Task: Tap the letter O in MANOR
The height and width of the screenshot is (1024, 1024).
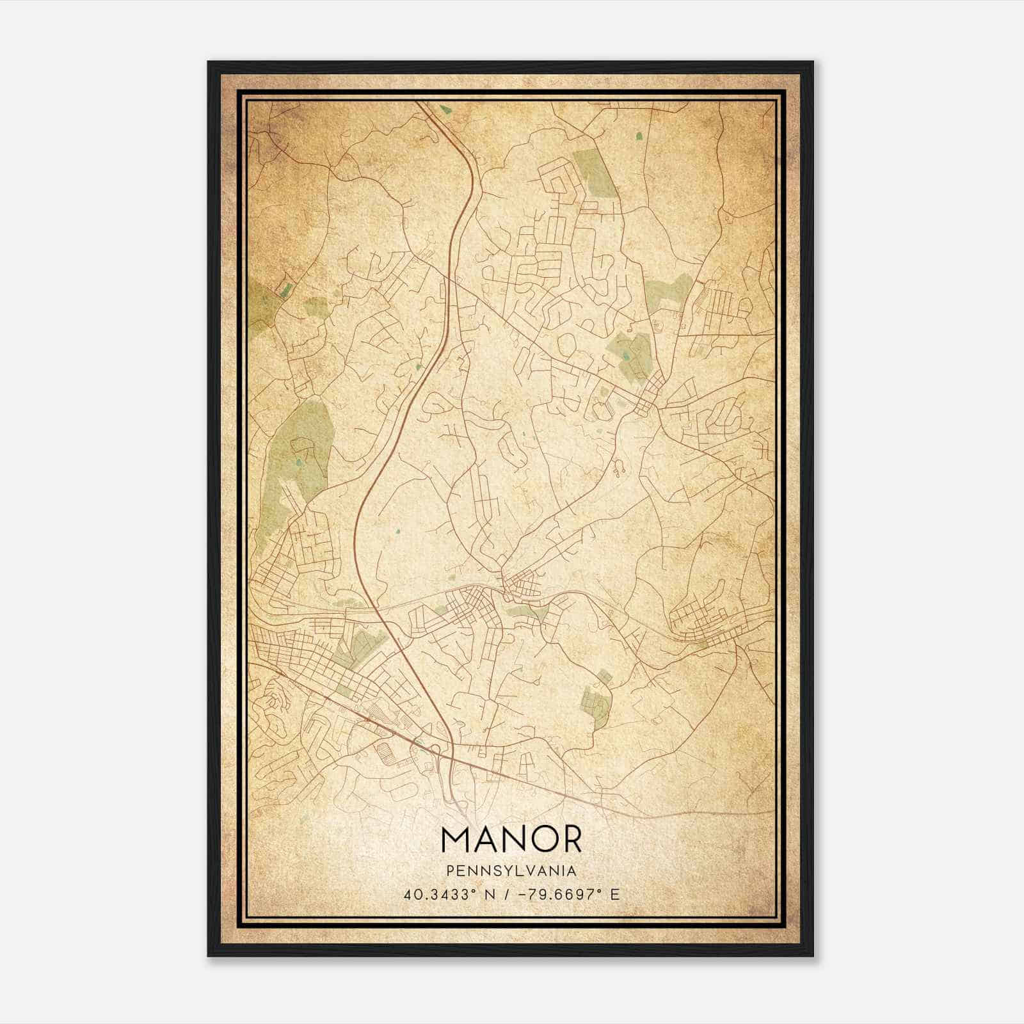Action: coord(538,840)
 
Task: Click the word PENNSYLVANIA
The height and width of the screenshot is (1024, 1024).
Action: coord(511,871)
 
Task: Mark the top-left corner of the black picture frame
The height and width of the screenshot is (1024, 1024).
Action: coord(209,62)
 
